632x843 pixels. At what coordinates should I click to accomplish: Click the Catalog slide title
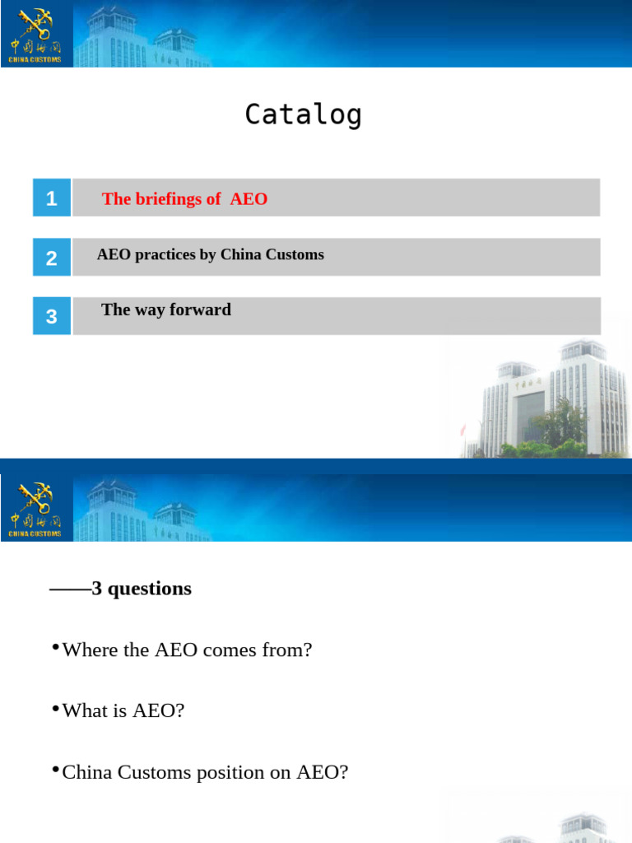pos(303,114)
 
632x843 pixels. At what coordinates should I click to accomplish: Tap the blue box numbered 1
pos(52,198)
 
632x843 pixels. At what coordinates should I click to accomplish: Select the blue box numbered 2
pos(52,258)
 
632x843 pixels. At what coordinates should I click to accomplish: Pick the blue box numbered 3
pos(52,316)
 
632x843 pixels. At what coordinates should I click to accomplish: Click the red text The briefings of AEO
pos(184,198)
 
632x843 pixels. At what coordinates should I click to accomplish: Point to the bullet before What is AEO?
pos(55,709)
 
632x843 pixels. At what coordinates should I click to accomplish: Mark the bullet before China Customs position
pos(55,770)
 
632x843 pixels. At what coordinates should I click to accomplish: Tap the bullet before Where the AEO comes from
pos(55,648)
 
